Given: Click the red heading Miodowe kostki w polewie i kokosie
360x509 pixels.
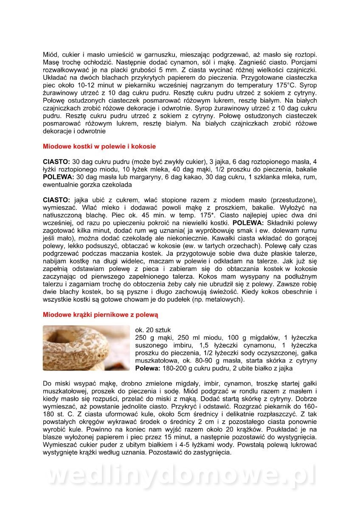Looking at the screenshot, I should (x=99, y=146).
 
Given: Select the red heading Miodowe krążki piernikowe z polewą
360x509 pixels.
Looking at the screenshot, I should (x=100, y=314).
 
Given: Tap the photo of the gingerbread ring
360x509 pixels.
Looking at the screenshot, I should (x=86, y=348).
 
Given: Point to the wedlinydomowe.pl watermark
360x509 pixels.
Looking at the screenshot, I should (x=180, y=475).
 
